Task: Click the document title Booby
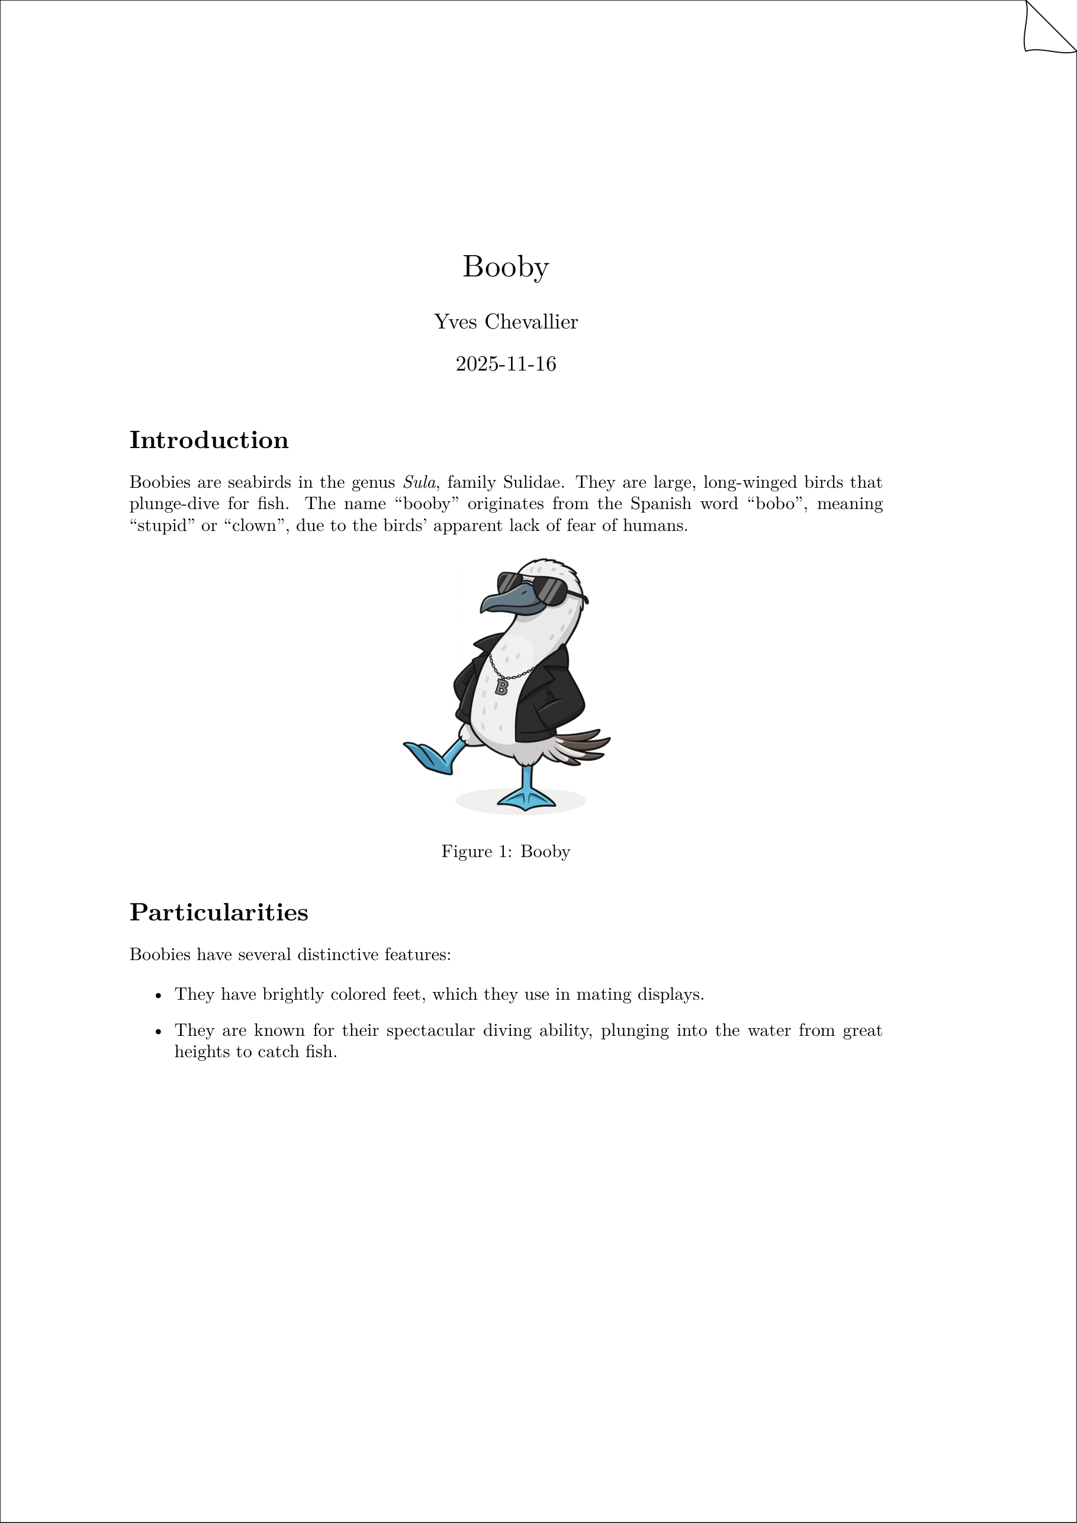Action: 506,268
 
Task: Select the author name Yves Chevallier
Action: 506,322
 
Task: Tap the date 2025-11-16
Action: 506,364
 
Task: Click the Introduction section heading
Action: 208,440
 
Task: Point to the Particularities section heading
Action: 218,913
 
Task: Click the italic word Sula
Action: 419,482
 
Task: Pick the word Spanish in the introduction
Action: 660,504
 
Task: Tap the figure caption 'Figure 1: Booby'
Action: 506,852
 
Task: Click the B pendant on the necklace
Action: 501,687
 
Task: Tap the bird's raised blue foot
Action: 430,758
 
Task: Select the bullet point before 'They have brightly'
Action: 158,996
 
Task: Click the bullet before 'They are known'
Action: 158,1032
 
